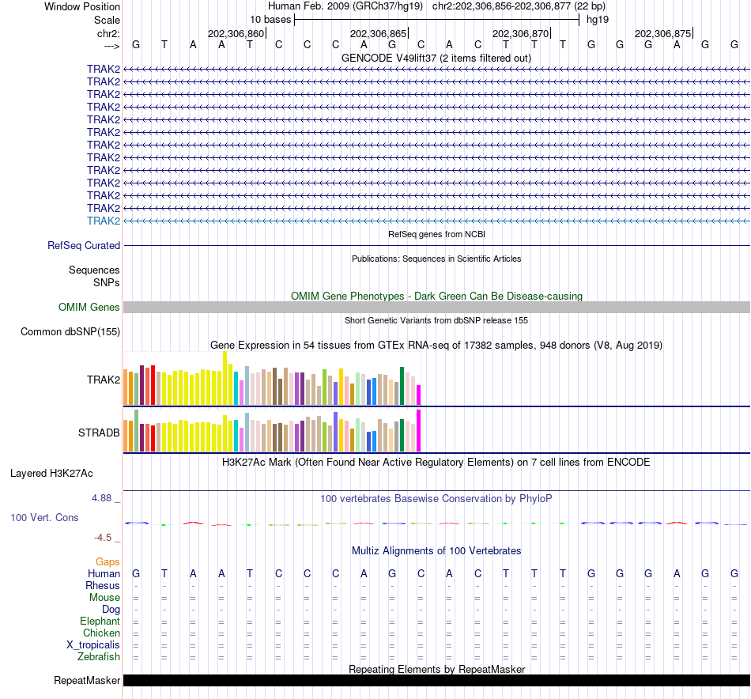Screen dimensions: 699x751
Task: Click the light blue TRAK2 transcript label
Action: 104,221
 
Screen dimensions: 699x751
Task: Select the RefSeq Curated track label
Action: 84,246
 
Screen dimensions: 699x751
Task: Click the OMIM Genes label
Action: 89,308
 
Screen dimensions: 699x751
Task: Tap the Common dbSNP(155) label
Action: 70,332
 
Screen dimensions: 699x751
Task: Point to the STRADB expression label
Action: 99,433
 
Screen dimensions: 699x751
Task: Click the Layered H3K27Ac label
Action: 51,474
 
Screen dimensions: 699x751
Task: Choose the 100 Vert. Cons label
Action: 44,517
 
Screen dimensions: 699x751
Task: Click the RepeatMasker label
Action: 87,681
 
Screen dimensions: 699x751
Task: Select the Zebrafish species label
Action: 99,657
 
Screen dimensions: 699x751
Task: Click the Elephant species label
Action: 100,622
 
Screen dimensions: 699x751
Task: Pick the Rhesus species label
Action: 103,586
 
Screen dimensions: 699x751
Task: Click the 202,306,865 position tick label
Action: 378,34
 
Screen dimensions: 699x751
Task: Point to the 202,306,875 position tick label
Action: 662,34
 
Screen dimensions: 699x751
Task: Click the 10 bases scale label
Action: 270,19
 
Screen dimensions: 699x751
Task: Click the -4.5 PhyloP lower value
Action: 104,538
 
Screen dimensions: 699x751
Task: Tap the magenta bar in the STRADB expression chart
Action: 419,429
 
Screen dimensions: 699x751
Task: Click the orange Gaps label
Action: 108,561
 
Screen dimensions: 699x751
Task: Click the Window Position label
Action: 82,7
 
